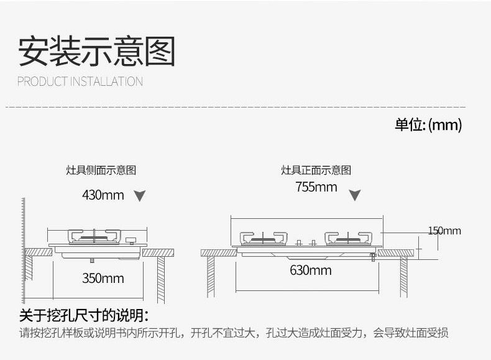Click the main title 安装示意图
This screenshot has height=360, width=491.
pyautogui.click(x=96, y=51)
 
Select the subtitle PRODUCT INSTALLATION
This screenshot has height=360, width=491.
pyautogui.click(x=80, y=81)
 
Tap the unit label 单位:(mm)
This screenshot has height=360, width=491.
pyautogui.click(x=428, y=125)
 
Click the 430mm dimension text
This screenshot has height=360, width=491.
pyautogui.click(x=103, y=195)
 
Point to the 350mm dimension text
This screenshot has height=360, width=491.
pyautogui.click(x=103, y=278)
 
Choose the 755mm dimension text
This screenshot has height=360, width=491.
pyautogui.click(x=316, y=187)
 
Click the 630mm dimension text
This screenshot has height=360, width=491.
pyautogui.click(x=311, y=270)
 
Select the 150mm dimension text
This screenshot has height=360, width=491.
pyautogui.click(x=444, y=231)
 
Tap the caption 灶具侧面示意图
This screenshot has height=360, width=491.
pyautogui.click(x=101, y=170)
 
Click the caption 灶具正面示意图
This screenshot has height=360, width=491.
pyautogui.click(x=316, y=170)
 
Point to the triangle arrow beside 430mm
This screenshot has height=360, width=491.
pyautogui.click(x=139, y=196)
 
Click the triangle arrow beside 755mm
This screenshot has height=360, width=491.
pyautogui.click(x=355, y=195)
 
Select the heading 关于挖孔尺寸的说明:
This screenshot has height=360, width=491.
pyautogui.click(x=84, y=315)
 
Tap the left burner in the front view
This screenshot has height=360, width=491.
pyautogui.click(x=264, y=239)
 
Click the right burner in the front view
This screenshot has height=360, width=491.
pyautogui.click(x=348, y=239)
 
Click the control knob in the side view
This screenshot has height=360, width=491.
pyautogui.click(x=131, y=241)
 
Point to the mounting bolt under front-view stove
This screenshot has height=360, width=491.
pyautogui.click(x=373, y=257)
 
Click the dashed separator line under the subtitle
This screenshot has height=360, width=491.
pyautogui.click(x=236, y=107)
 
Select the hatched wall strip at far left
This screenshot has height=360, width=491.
pyautogui.click(x=23, y=251)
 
